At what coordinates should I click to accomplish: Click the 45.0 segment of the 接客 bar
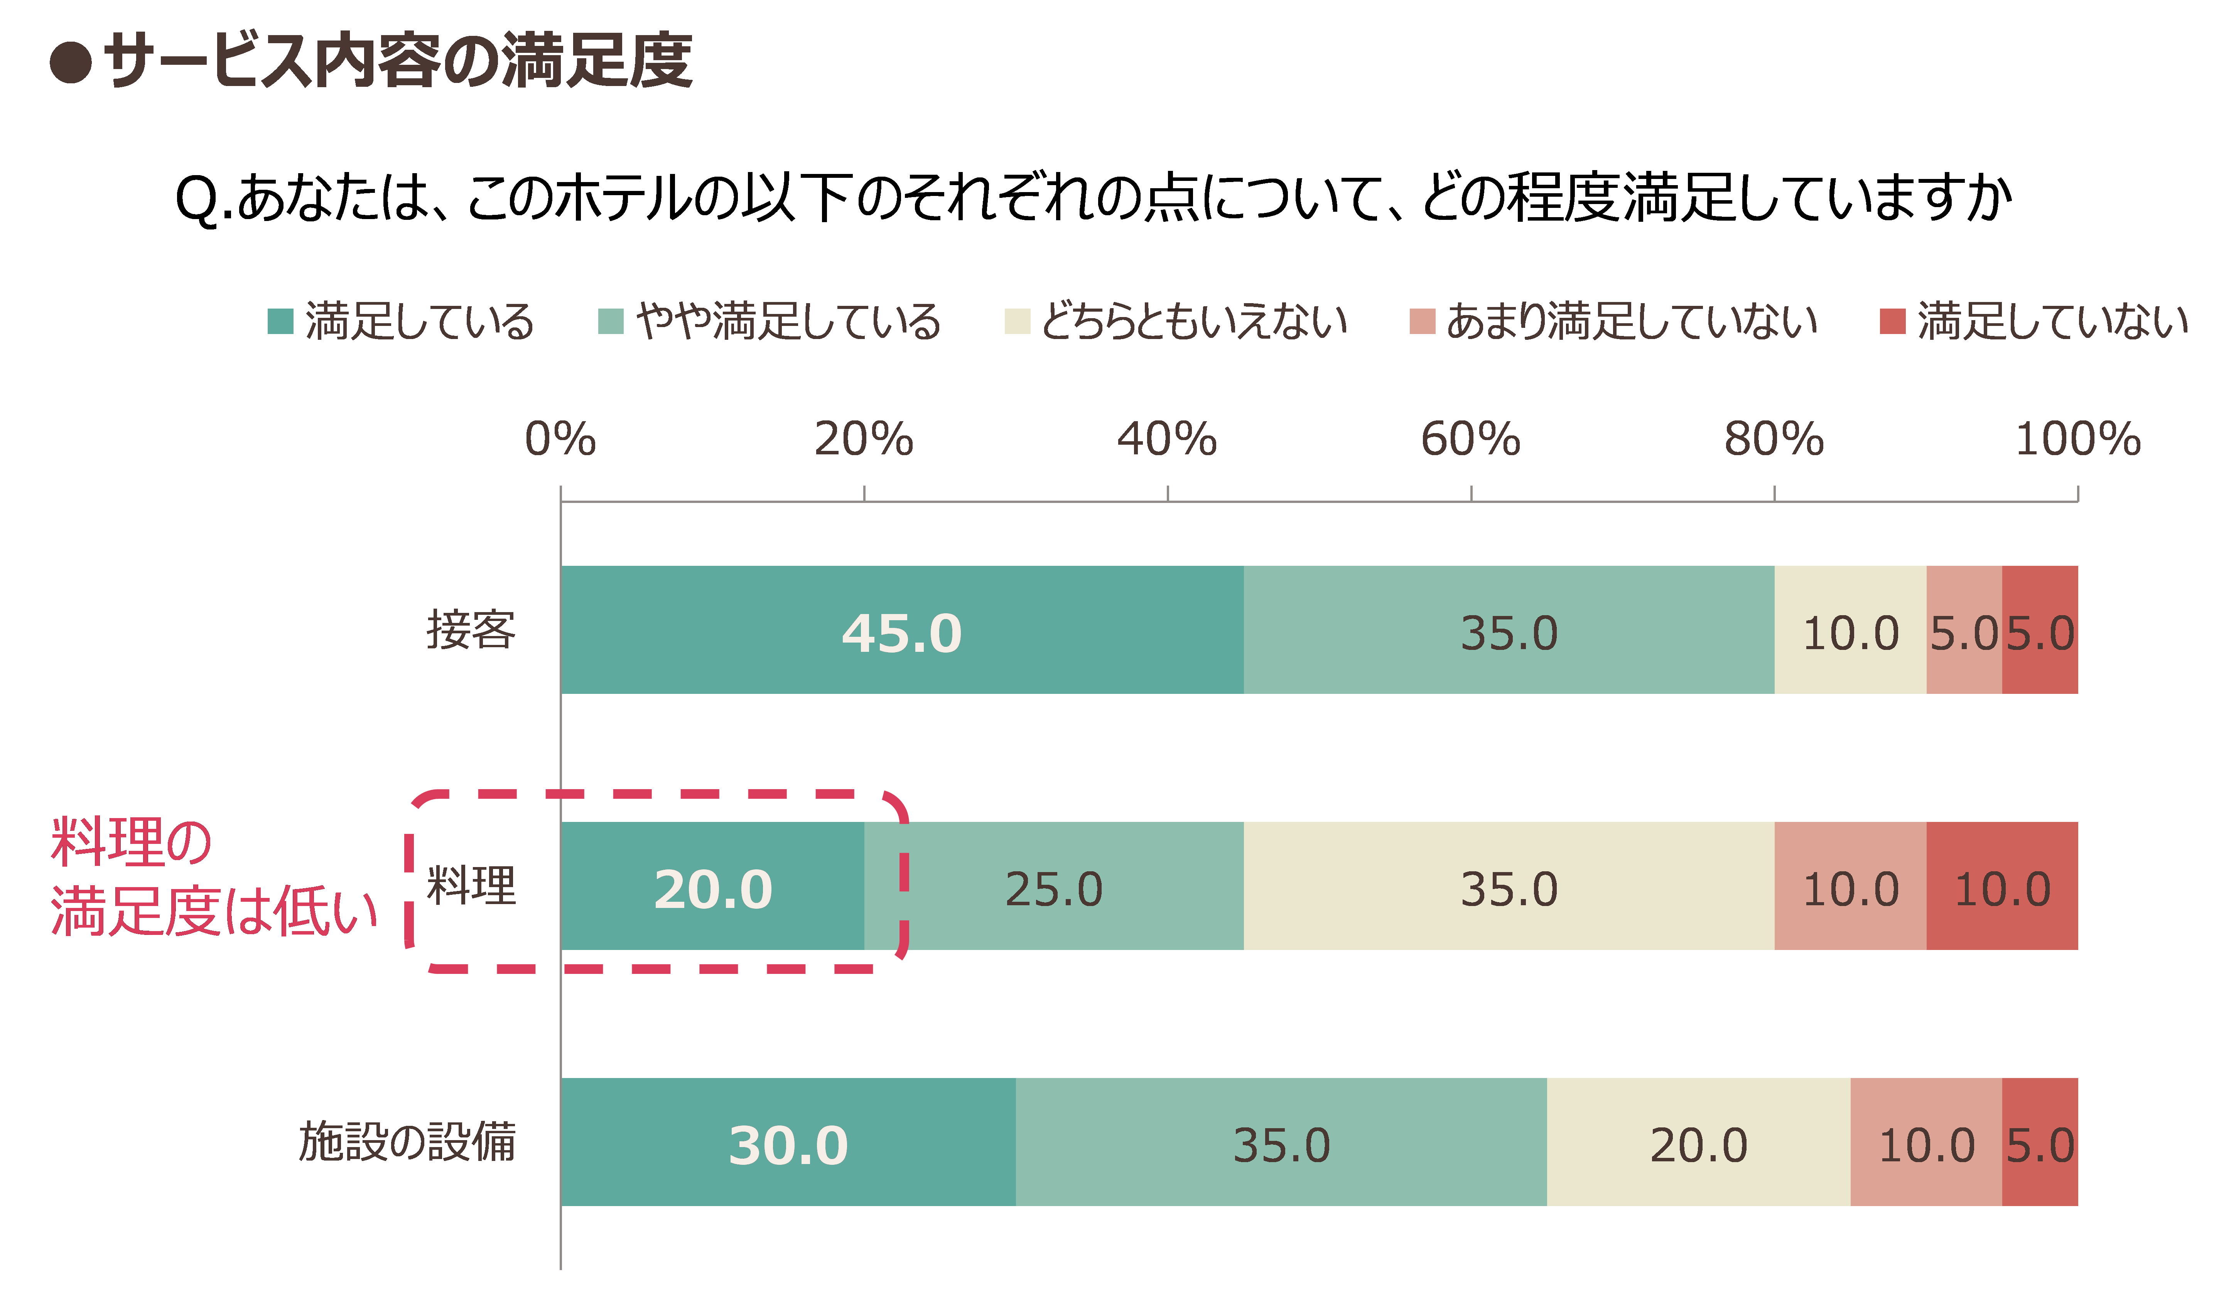click(903, 630)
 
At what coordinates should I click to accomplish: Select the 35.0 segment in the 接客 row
click(1509, 630)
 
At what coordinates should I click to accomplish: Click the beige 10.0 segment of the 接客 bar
click(1851, 630)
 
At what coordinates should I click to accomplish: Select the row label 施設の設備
click(407, 1142)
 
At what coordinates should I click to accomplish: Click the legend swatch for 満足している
click(280, 321)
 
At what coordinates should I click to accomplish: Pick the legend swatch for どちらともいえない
click(1017, 321)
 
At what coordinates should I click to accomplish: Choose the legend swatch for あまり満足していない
click(1423, 321)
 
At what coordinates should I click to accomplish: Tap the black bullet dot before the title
click(71, 62)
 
